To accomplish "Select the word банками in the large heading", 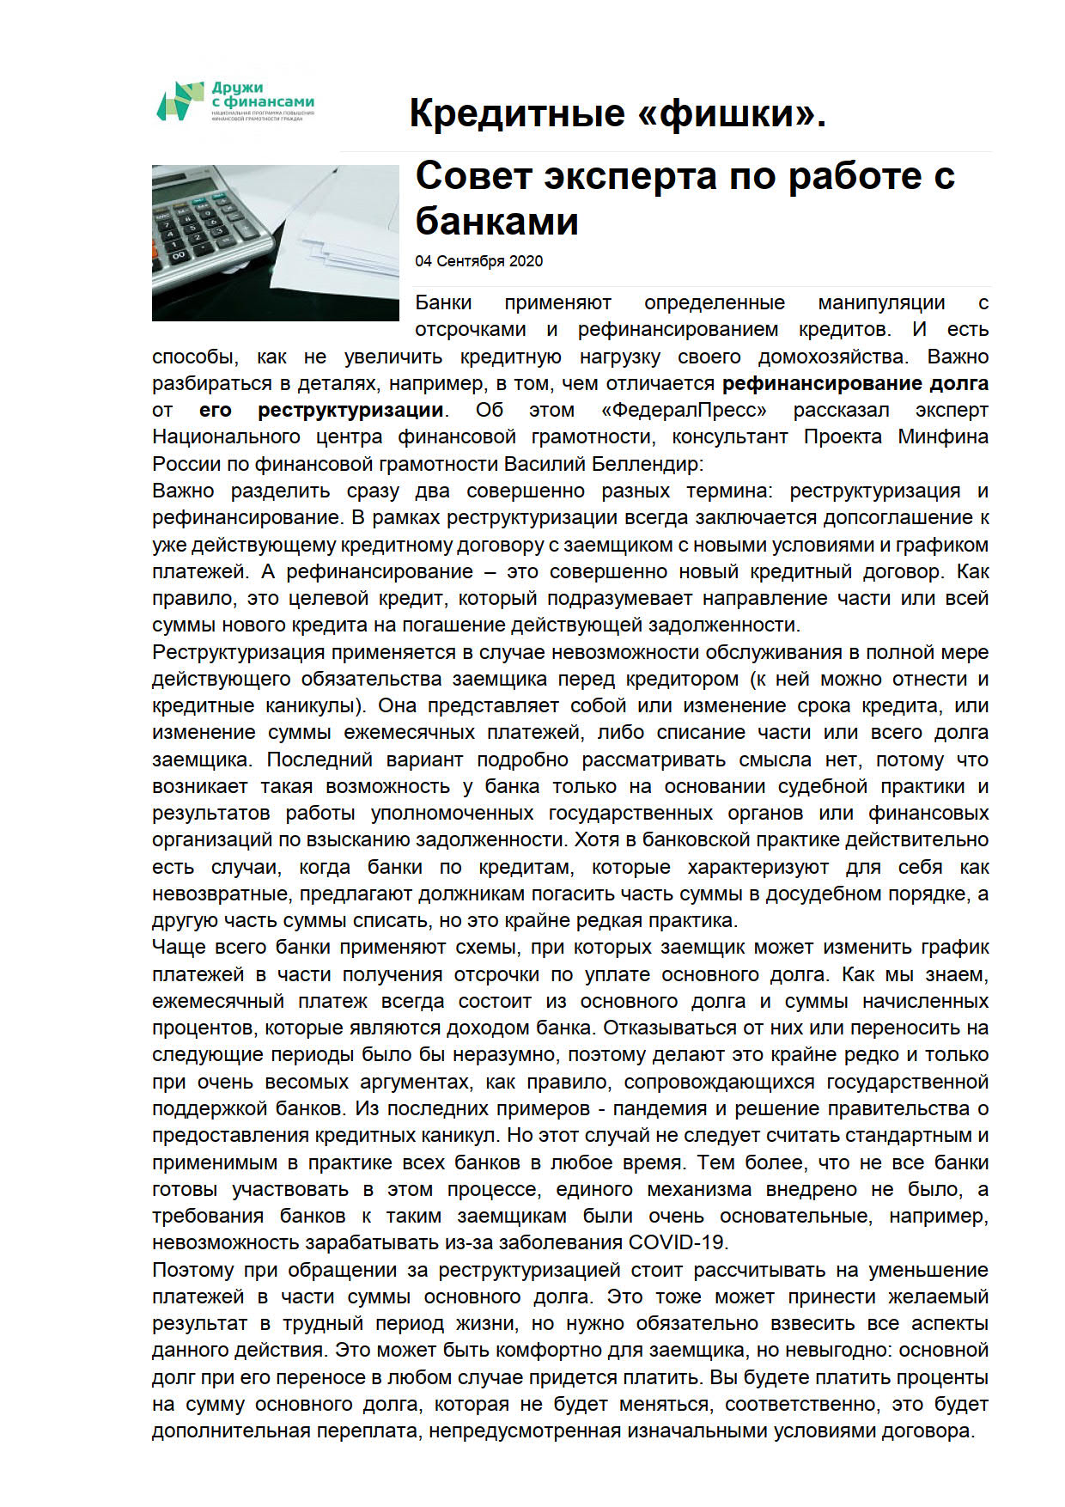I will [496, 222].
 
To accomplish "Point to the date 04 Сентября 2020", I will [478, 261].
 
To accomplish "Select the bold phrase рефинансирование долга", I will [855, 383].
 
